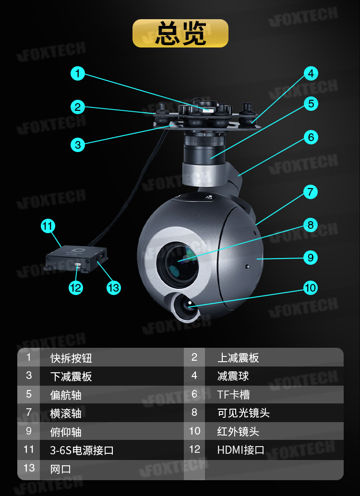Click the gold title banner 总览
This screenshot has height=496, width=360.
[180, 33]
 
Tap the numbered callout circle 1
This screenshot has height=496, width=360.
[78, 73]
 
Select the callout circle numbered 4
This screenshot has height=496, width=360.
[311, 73]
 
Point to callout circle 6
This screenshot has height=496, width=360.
[311, 138]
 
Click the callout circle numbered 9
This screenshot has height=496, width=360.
[311, 258]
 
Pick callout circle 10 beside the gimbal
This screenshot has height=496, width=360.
[311, 287]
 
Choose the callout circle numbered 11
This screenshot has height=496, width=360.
[48, 226]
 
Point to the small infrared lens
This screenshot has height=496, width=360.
[185, 305]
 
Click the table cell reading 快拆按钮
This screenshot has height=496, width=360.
[71, 358]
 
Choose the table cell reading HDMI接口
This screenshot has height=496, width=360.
[240, 450]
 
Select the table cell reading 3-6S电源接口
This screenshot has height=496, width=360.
[82, 450]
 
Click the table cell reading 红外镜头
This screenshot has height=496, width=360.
[238, 431]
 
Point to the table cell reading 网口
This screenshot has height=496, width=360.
[60, 469]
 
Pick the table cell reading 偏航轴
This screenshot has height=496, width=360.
[66, 394]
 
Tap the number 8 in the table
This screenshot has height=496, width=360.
[194, 413]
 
